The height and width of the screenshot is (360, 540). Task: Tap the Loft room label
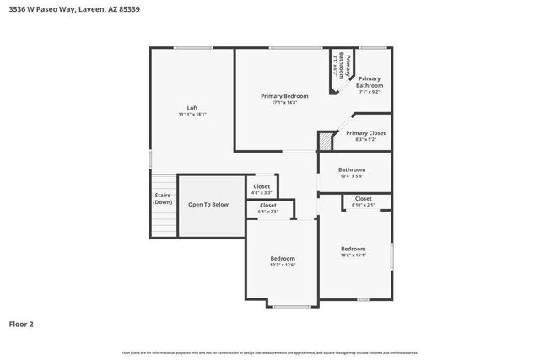point(192,107)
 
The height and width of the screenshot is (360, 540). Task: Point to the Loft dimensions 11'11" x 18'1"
point(192,114)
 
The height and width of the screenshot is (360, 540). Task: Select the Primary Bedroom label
point(284,96)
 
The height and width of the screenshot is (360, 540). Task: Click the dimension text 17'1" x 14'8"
point(284,103)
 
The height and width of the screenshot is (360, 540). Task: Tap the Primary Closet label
point(365,132)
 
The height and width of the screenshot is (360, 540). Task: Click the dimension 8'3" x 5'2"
point(365,139)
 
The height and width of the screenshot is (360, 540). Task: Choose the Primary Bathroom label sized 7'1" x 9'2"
point(370,85)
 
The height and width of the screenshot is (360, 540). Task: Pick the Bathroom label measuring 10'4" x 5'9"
point(351,169)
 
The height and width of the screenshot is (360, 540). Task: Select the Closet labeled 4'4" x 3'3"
point(262,186)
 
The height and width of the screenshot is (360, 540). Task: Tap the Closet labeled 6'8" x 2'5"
point(268,205)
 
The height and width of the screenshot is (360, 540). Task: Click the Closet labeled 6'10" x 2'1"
point(364,199)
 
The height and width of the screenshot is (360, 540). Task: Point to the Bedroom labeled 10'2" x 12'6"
point(283,258)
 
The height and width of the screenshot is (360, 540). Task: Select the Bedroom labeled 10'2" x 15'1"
point(353,249)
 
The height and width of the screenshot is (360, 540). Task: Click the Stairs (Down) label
point(163,199)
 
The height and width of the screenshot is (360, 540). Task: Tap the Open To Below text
point(208,204)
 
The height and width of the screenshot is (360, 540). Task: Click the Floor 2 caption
point(21,323)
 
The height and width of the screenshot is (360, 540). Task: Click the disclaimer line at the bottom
point(270,352)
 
